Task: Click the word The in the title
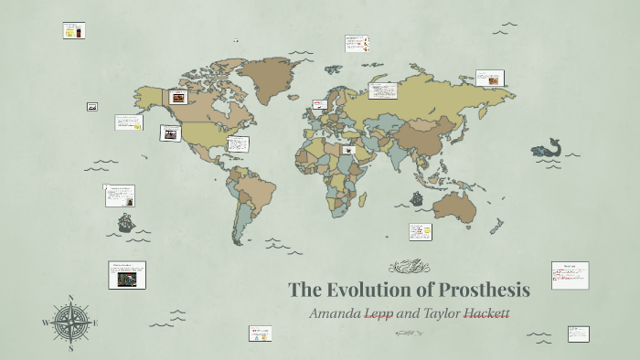point(304,291)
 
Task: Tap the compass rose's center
point(70,322)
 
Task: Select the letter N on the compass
point(70,298)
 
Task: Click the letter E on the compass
point(95,323)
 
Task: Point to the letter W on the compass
point(46,323)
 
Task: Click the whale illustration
point(548,149)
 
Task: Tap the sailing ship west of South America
point(126,222)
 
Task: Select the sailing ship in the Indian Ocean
point(417,198)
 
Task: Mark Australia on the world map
point(454,208)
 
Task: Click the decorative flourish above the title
point(407,267)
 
